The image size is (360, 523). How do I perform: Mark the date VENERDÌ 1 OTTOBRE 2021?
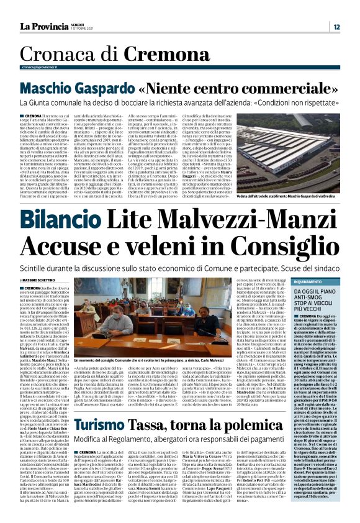pyautogui.click(x=82, y=27)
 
